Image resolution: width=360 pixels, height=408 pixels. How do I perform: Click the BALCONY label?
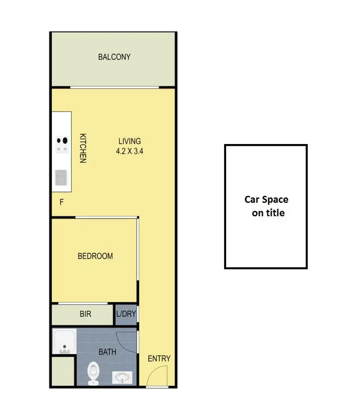114,57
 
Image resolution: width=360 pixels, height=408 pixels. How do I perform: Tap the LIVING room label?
130,141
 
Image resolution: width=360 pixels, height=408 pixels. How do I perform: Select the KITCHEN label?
82,148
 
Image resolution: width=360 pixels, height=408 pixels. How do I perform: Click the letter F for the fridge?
61,202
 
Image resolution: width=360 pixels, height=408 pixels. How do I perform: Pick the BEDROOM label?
96,256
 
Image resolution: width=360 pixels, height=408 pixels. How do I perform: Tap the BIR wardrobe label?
85,315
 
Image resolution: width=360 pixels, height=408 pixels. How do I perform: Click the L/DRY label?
126,315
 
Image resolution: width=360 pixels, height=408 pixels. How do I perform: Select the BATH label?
108,352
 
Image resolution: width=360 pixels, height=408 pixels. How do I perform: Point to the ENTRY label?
159,359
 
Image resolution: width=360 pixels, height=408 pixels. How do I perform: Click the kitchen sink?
61,178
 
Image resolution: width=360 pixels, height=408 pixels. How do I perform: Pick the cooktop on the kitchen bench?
62,144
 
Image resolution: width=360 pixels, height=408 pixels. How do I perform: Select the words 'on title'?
268,213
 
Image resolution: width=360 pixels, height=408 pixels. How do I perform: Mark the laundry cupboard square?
126,315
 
